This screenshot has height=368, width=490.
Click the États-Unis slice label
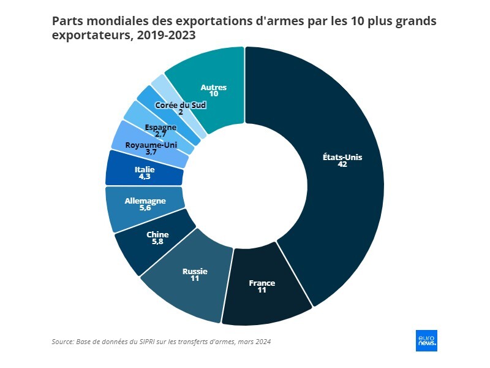tap(342, 157)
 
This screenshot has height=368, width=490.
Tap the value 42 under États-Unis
tap(342, 164)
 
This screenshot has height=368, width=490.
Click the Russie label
tap(195, 271)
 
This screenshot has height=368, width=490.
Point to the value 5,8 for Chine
tap(157, 242)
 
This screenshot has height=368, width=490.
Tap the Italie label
tap(145, 169)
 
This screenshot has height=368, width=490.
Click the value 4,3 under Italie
tap(145, 177)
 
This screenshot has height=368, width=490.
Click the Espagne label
tap(160, 127)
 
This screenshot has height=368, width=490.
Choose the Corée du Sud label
tap(180, 105)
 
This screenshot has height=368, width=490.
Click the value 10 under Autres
tap(214, 94)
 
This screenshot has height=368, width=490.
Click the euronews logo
tap(426, 340)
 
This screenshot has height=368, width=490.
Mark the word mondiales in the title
tap(113, 21)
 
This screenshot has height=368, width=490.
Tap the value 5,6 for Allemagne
tap(145, 208)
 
